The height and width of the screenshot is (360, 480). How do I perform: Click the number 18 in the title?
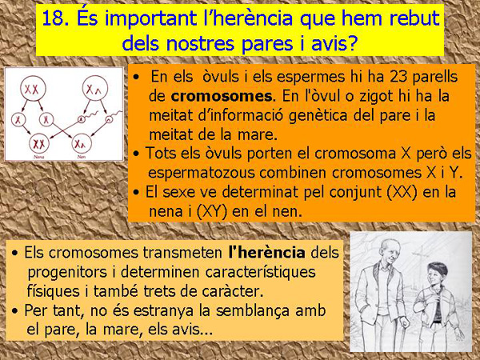pyautogui.click(x=54, y=18)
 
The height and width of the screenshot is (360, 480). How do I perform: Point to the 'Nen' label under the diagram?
pyautogui.click(x=83, y=158)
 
